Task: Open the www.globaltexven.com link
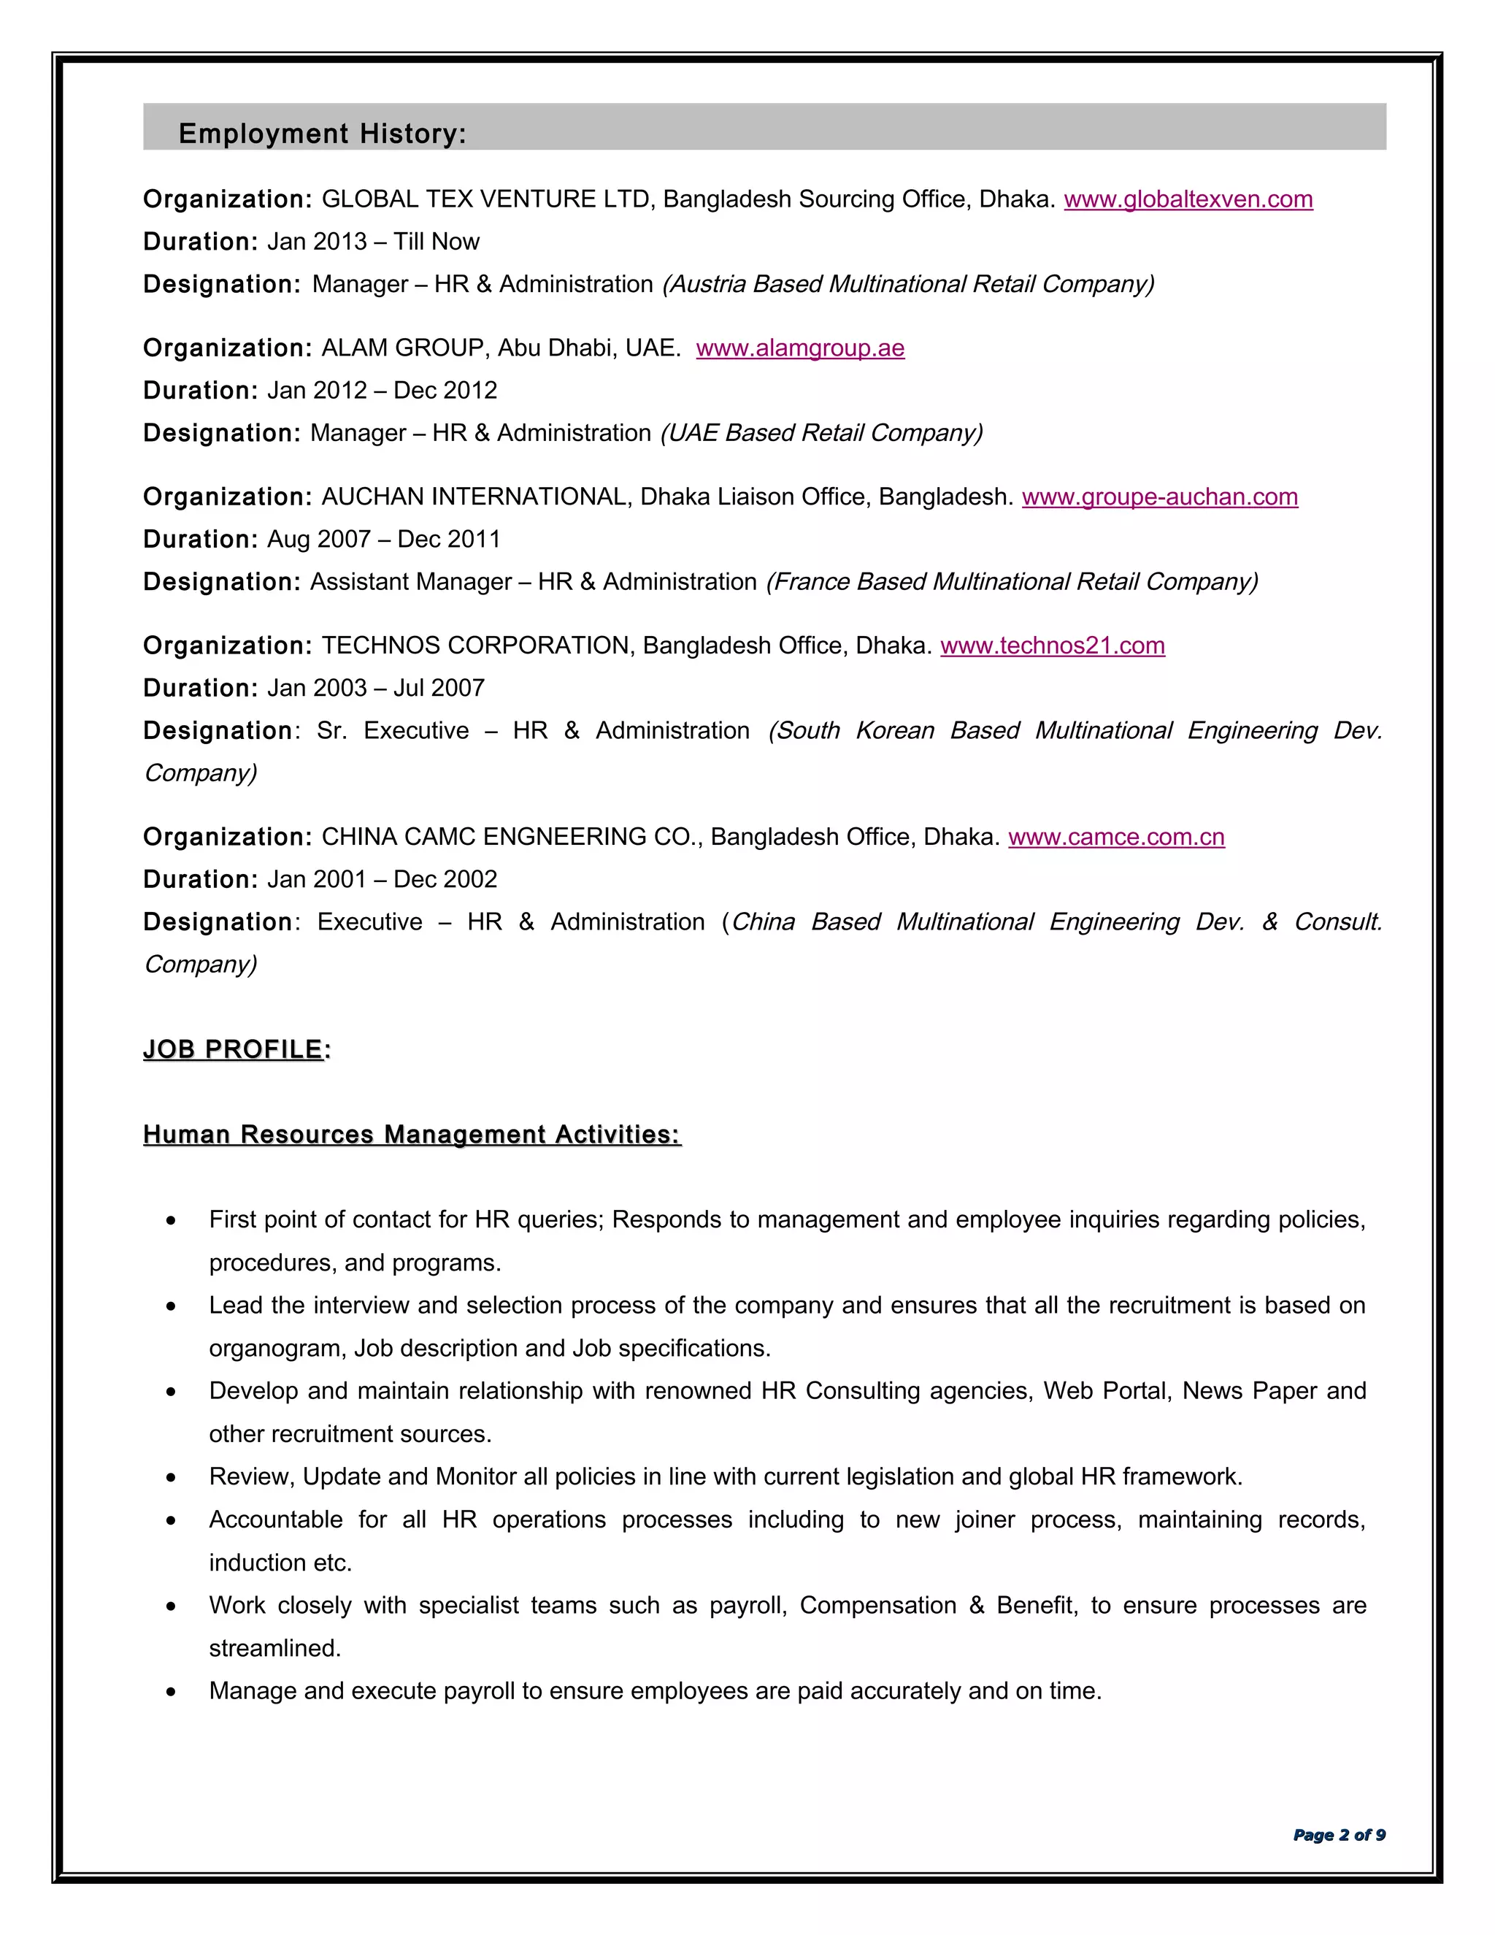[1188, 199]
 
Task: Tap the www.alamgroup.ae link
[800, 348]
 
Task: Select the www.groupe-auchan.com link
[1159, 497]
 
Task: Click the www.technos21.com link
[1052, 646]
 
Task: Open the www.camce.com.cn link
[1116, 838]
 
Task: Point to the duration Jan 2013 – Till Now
[373, 242]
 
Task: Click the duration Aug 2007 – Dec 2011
[383, 540]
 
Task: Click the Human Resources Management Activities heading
[412, 1135]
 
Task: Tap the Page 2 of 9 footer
[1338, 1835]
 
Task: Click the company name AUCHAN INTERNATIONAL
[474, 497]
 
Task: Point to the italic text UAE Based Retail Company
[821, 433]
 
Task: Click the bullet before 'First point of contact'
[171, 1222]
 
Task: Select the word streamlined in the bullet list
[274, 1649]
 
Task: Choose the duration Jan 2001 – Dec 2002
[382, 880]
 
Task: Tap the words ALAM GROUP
[402, 348]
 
